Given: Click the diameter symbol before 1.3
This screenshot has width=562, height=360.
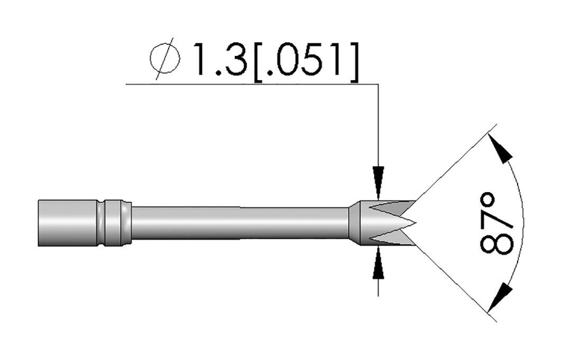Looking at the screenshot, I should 164,59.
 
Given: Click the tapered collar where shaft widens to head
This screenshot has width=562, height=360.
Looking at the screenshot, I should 353,222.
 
